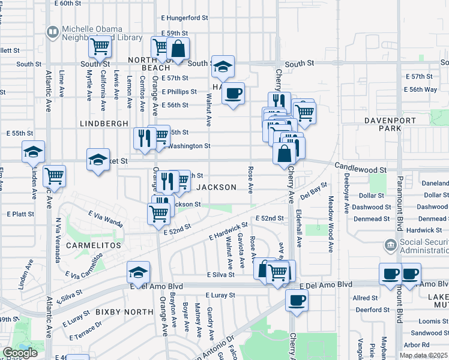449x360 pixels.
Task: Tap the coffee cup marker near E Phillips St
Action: [234, 93]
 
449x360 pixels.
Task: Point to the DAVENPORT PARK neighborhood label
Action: [390, 124]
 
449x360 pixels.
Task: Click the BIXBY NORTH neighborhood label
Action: [124, 312]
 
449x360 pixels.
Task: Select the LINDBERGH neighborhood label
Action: [104, 123]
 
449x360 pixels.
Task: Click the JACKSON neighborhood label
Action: [217, 187]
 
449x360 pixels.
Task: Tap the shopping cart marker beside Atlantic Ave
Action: [54, 176]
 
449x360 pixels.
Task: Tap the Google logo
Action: [20, 353]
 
